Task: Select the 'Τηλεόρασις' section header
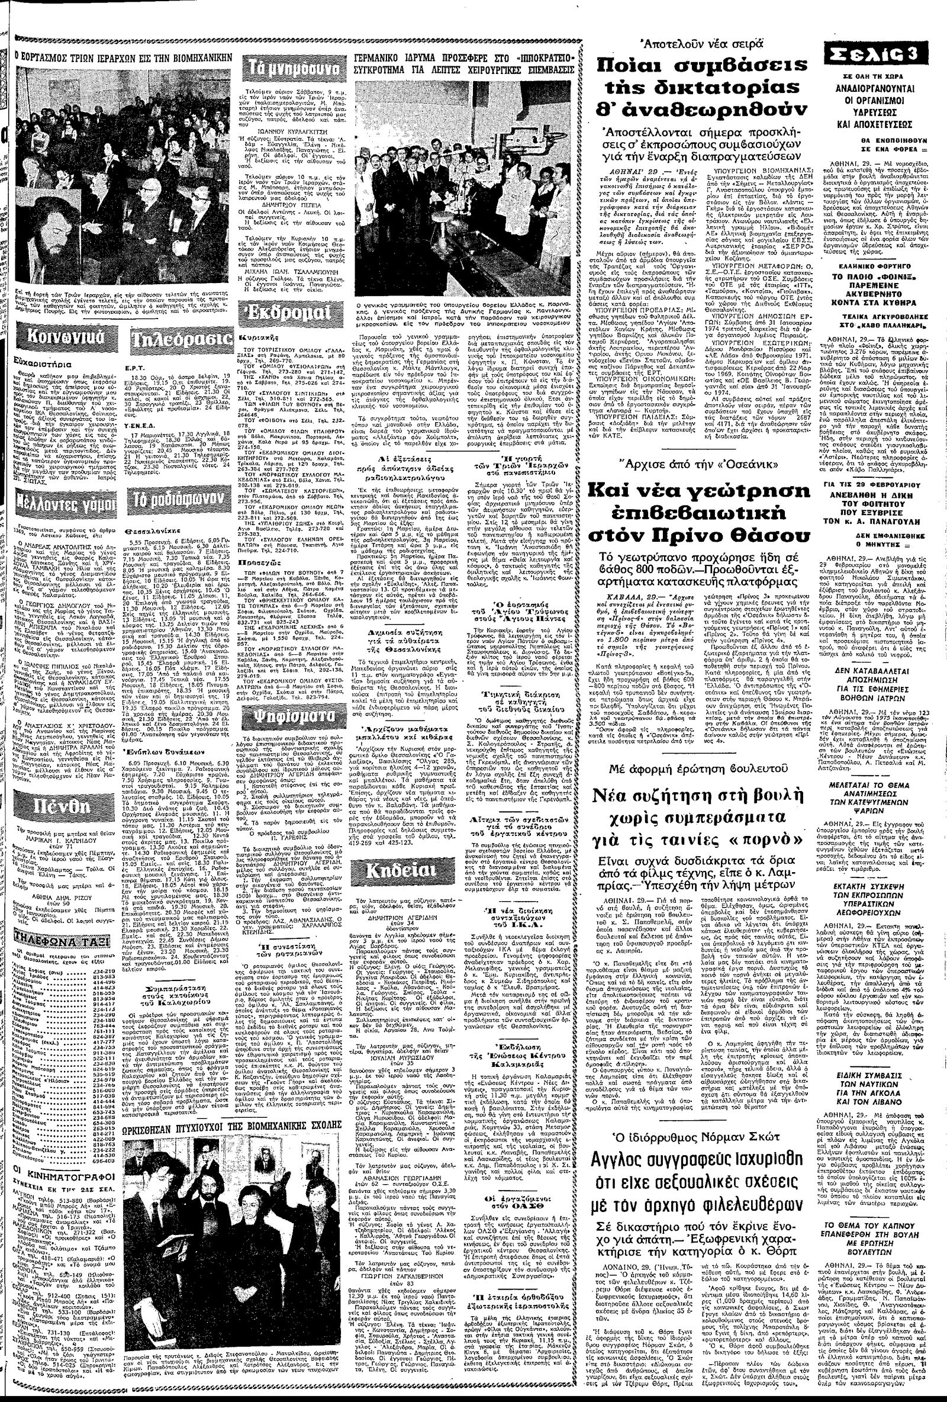[x=181, y=339]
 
